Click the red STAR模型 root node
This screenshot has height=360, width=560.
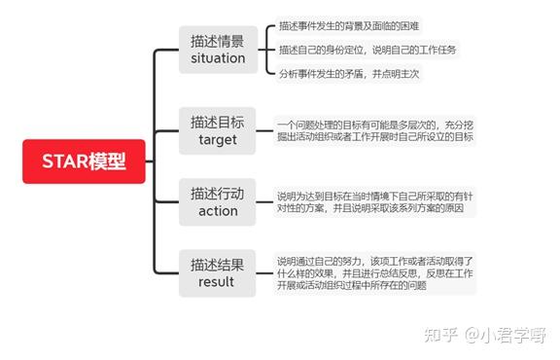click(x=86, y=161)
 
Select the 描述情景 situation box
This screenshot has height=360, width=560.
click(x=218, y=50)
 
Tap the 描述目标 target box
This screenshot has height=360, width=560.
click(x=218, y=130)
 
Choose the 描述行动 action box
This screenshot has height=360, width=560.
click(x=218, y=201)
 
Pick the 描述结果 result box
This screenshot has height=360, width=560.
click(x=218, y=272)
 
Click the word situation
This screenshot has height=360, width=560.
click(x=218, y=58)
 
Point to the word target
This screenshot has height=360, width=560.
click(x=218, y=139)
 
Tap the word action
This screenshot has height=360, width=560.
click(x=218, y=210)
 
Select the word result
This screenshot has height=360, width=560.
click(x=218, y=281)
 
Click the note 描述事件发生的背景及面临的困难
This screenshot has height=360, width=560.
click(x=350, y=25)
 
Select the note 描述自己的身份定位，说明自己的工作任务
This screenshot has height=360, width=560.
click(x=367, y=49)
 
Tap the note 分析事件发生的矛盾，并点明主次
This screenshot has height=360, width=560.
click(x=349, y=73)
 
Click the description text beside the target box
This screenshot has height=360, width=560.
click(x=374, y=130)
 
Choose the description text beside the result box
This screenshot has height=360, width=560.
click(x=374, y=272)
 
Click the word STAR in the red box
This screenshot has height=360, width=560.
click(x=66, y=161)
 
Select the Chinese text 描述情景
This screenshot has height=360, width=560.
click(x=218, y=41)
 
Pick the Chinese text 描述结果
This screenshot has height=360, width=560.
click(x=218, y=264)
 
